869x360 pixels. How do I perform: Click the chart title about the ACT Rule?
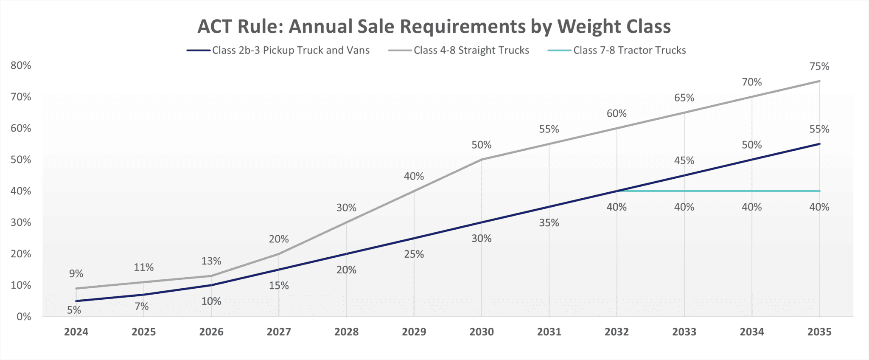tap(434, 26)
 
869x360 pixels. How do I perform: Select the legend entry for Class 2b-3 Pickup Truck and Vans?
tap(278, 51)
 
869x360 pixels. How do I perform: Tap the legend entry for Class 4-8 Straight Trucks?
tap(459, 51)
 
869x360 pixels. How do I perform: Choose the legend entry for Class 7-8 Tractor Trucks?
tap(617, 51)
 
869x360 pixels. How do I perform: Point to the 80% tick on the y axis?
tap(21, 65)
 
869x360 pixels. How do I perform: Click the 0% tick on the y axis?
tap(24, 317)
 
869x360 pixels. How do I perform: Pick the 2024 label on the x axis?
tap(76, 332)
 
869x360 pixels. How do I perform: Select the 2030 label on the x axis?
tap(482, 332)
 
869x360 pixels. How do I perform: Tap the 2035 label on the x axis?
tap(819, 332)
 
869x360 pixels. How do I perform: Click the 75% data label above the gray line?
tap(819, 66)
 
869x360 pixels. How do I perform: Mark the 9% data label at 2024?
tap(76, 274)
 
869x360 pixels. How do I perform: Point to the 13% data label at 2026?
tap(211, 261)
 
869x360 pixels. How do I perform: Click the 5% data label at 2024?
tap(74, 310)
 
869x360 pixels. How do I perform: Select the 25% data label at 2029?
tap(414, 254)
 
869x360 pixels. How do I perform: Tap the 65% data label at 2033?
tap(684, 98)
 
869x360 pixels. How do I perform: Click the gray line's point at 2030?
tap(482, 160)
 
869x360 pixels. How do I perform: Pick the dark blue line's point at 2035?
tap(819, 144)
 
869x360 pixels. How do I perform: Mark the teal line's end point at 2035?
tap(819, 191)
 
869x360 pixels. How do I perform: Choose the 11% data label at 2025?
tap(144, 267)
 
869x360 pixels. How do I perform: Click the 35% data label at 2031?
tap(549, 223)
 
